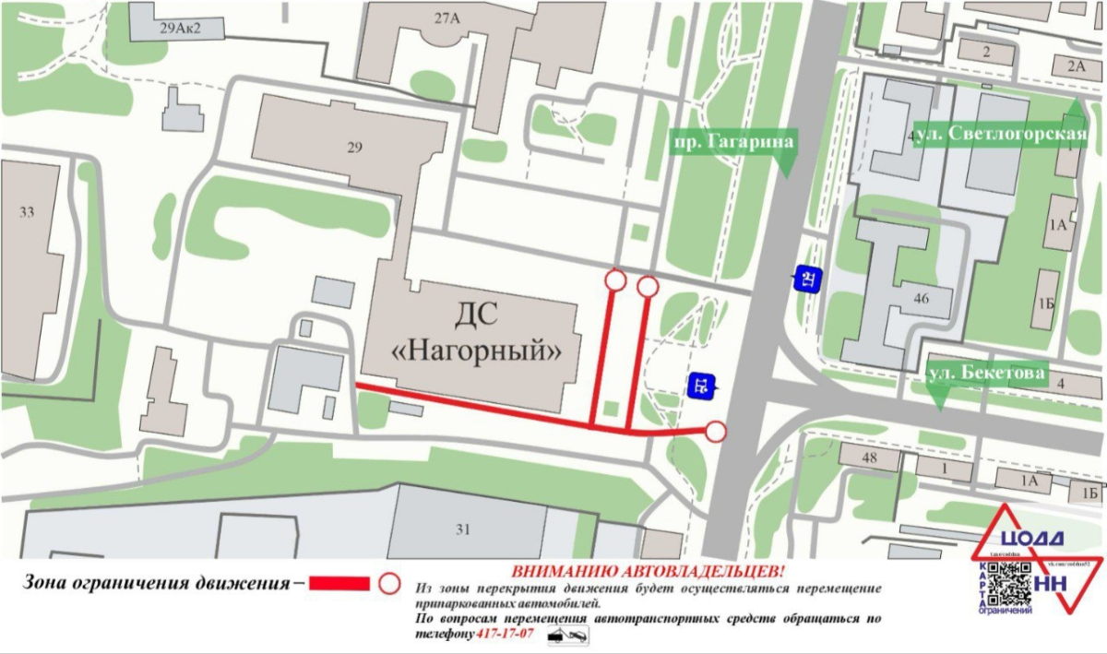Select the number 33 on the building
pos(26,212)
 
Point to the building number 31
pos(462,529)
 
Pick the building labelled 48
pos(867,458)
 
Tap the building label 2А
pos(1076,65)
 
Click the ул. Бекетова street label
pos(987,374)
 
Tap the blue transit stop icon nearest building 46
pos(808,279)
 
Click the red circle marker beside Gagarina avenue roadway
pos(716,431)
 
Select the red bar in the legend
pos(339,584)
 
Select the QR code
pos(1010,583)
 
